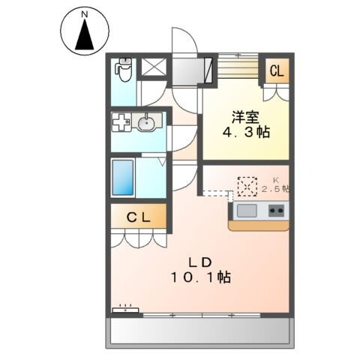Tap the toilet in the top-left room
pyautogui.click(x=124, y=70)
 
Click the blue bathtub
pyautogui.click(x=123, y=177)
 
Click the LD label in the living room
pyautogui.click(x=201, y=262)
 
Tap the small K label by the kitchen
pyautogui.click(x=274, y=180)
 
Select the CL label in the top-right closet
pyautogui.click(x=276, y=72)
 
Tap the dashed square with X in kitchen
pyautogui.click(x=247, y=185)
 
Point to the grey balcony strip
pyautogui.click(x=201, y=331)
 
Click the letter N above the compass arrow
pyautogui.click(x=84, y=13)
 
